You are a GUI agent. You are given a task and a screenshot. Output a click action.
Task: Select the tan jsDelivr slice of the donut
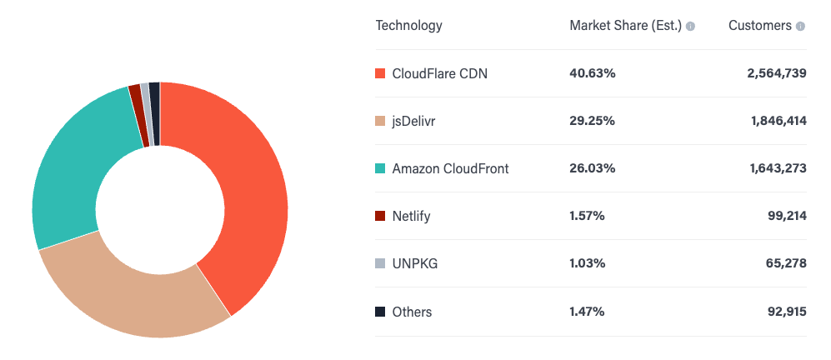[133, 292]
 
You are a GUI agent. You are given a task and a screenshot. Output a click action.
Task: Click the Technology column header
[408, 25]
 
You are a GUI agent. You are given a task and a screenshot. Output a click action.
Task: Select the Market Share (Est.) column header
[625, 25]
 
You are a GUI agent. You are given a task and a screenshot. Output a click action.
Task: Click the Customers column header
[759, 25]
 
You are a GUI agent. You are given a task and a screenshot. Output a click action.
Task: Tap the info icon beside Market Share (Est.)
[690, 26]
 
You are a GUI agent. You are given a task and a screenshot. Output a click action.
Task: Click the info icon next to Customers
[800, 26]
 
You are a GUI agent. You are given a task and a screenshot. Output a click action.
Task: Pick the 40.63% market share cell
[593, 73]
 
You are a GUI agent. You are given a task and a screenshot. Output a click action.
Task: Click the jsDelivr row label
[413, 121]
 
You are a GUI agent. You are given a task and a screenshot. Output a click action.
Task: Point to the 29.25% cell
[593, 121]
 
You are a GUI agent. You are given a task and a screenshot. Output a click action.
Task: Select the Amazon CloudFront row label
[450, 168]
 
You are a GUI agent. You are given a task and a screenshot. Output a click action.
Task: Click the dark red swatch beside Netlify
[380, 216]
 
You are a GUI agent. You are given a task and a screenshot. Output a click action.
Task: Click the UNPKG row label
[414, 263]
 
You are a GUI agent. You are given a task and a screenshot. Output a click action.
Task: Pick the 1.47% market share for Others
[588, 312]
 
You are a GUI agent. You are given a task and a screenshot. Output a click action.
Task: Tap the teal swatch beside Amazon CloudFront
[380, 168]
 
